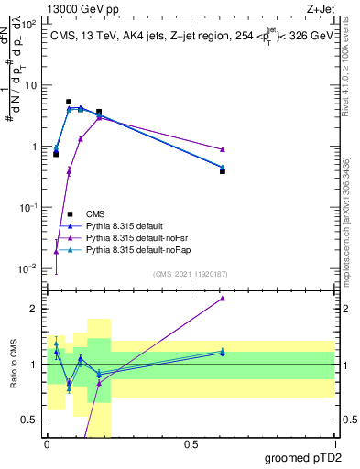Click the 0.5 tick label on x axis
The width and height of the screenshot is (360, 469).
[x=191, y=443]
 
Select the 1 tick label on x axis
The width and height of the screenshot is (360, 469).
[x=334, y=443]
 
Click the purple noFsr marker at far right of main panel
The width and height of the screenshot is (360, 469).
[x=223, y=149]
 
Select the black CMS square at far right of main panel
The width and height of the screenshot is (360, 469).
[x=223, y=171]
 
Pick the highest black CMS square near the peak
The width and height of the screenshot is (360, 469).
[x=69, y=102]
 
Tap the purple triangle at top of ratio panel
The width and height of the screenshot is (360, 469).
[x=223, y=299]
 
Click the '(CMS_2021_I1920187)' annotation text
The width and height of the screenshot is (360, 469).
[x=189, y=274]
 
